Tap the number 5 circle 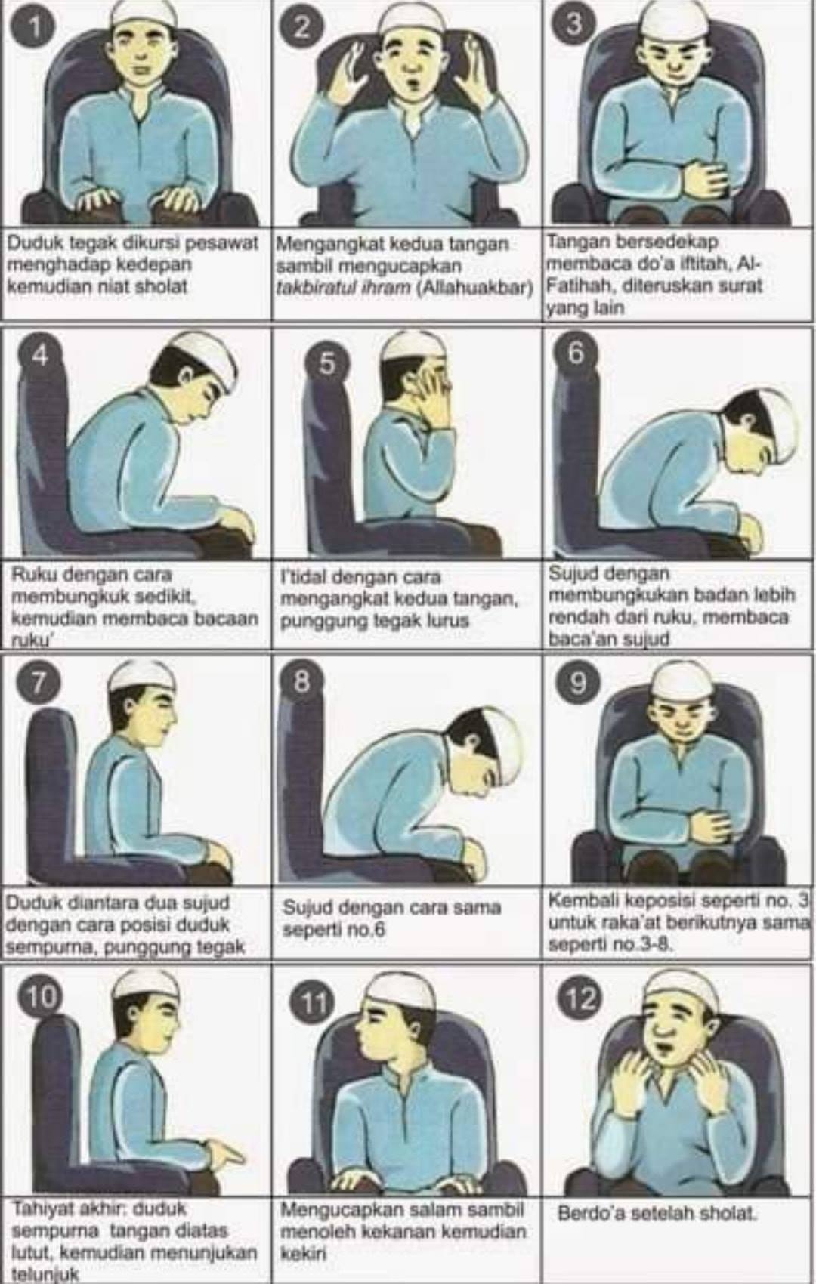(326, 365)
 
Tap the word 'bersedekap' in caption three (669, 242)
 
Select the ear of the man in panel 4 (187, 378)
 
